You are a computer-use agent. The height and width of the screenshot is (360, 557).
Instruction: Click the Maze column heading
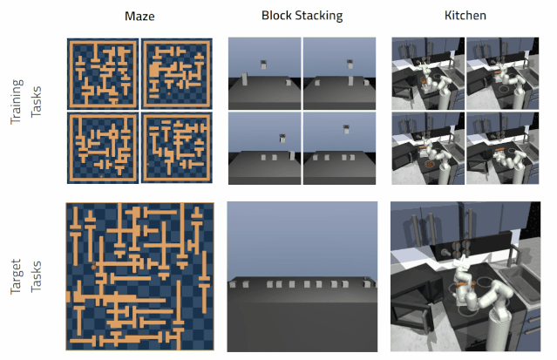pyautogui.click(x=139, y=17)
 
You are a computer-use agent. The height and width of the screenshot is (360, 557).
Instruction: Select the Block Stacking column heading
pyautogui.click(x=302, y=17)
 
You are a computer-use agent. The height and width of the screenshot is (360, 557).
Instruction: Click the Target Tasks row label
pyautogui.click(x=24, y=275)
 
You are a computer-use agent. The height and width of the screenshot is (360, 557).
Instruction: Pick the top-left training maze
pyautogui.click(x=103, y=72)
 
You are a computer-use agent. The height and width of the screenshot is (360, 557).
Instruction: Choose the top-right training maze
pyautogui.click(x=176, y=72)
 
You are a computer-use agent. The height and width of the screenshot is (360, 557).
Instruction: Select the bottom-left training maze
pyautogui.click(x=103, y=146)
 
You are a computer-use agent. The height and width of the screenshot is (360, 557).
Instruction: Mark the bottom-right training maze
pyautogui.click(x=176, y=146)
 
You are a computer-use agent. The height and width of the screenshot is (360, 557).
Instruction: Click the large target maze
pyautogui.click(x=139, y=276)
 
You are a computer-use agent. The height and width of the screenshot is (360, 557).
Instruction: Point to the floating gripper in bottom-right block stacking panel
pyautogui.click(x=346, y=131)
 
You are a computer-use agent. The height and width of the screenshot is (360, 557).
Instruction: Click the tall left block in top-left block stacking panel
pyautogui.click(x=245, y=81)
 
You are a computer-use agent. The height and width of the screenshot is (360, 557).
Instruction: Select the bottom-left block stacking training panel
pyautogui.click(x=264, y=147)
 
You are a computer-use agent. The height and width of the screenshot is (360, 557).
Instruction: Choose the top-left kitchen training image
pyautogui.click(x=426, y=72)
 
